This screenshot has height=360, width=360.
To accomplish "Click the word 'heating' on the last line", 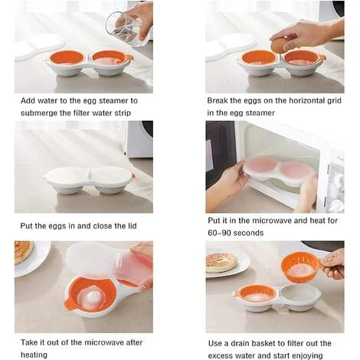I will pyautogui.click(x=31, y=355).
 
